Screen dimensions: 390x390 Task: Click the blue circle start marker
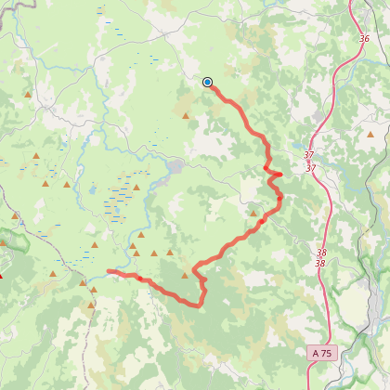(207, 82)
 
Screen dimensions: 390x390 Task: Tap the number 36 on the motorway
(364, 39)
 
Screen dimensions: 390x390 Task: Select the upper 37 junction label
(309, 155)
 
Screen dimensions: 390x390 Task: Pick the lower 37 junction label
(310, 168)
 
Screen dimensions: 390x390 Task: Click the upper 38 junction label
(319, 252)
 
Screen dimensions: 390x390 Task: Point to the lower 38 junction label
(319, 264)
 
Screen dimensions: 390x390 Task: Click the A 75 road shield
(321, 353)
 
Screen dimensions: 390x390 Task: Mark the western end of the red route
(109, 271)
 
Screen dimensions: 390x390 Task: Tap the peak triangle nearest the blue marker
(186, 116)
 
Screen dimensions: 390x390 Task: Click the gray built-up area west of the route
(175, 167)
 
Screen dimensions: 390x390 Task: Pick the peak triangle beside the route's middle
(253, 212)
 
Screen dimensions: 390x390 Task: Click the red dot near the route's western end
(138, 277)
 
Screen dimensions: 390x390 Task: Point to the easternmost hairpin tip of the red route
(281, 174)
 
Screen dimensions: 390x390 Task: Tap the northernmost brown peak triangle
(29, 95)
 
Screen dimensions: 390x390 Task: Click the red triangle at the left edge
(2, 275)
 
